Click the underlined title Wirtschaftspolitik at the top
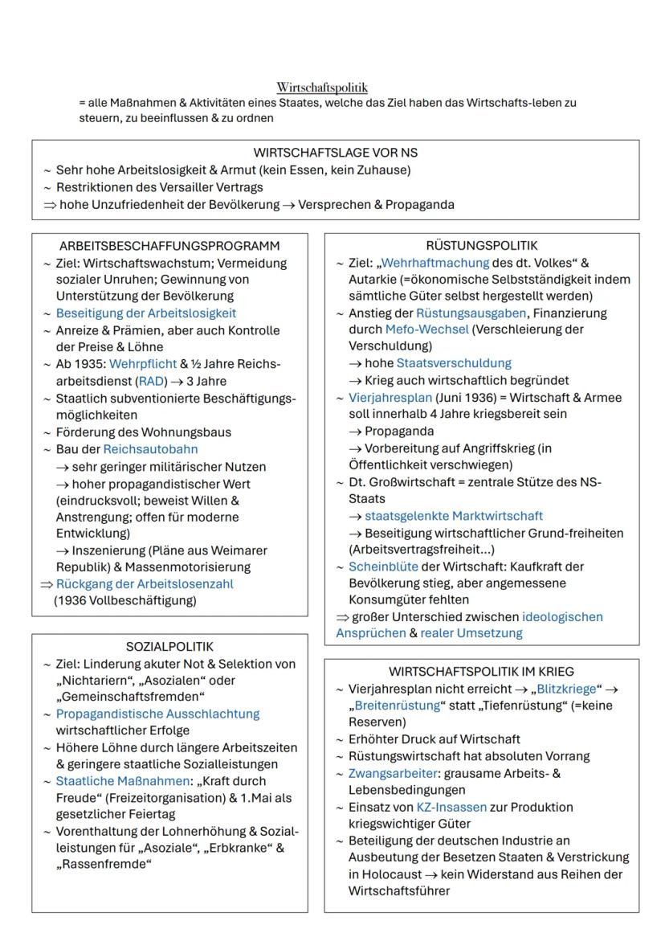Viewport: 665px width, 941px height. (x=322, y=87)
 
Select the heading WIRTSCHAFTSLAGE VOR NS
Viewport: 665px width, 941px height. (x=336, y=153)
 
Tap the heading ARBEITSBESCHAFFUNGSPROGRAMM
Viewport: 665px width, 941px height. (x=169, y=246)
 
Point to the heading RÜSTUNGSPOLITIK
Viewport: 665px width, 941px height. (x=482, y=246)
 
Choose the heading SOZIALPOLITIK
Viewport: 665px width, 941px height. (x=169, y=646)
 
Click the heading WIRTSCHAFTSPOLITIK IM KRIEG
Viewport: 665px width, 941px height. (x=482, y=672)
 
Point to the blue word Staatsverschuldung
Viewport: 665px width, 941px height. (x=454, y=363)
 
